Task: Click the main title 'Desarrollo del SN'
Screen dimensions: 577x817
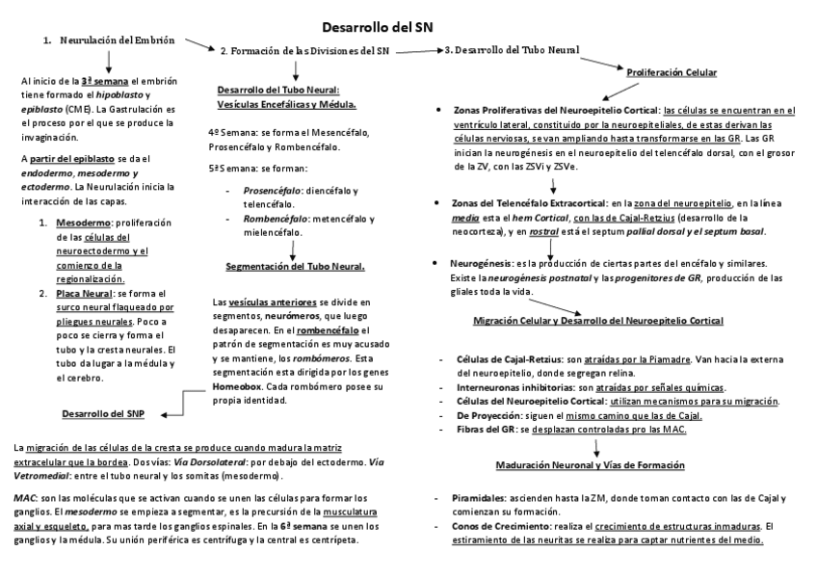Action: (x=377, y=27)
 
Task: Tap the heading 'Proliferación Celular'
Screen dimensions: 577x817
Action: (x=672, y=72)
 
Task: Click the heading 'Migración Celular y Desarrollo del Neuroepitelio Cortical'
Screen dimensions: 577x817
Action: (x=598, y=320)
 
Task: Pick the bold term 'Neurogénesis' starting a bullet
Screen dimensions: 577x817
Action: (x=482, y=263)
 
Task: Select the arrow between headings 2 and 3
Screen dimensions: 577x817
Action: (x=417, y=49)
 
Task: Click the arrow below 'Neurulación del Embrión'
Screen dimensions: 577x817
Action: (x=108, y=61)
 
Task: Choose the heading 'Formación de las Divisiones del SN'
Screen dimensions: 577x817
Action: (x=308, y=49)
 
